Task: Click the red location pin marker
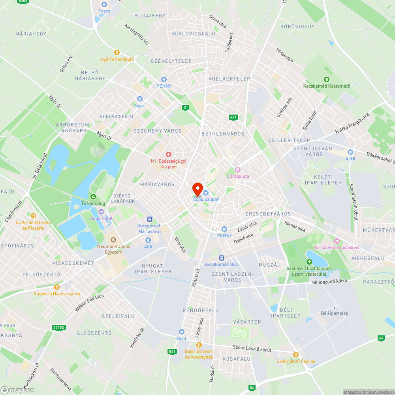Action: pos(197,189)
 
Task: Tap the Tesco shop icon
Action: pos(104,4)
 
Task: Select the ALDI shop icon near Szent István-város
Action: pos(350,152)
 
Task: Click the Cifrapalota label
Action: pos(237,176)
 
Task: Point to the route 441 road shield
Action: pos(233,117)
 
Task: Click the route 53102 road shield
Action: pos(58,327)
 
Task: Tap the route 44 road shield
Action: pos(381,338)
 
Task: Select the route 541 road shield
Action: pos(172,351)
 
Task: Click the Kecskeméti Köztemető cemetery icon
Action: pos(326,79)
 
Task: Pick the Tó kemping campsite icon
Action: pos(93,196)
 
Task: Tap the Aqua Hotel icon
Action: pos(101,212)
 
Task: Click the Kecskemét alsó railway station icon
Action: pos(221,258)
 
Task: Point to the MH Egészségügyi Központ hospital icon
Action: pos(169,154)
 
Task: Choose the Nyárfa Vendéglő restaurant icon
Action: pos(117,53)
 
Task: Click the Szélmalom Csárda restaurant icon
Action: pos(296,354)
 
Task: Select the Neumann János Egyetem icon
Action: pos(113,239)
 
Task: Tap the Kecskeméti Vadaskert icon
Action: pos(337,241)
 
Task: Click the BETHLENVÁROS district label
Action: pos(223,134)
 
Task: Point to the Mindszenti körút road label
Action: pos(329,282)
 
